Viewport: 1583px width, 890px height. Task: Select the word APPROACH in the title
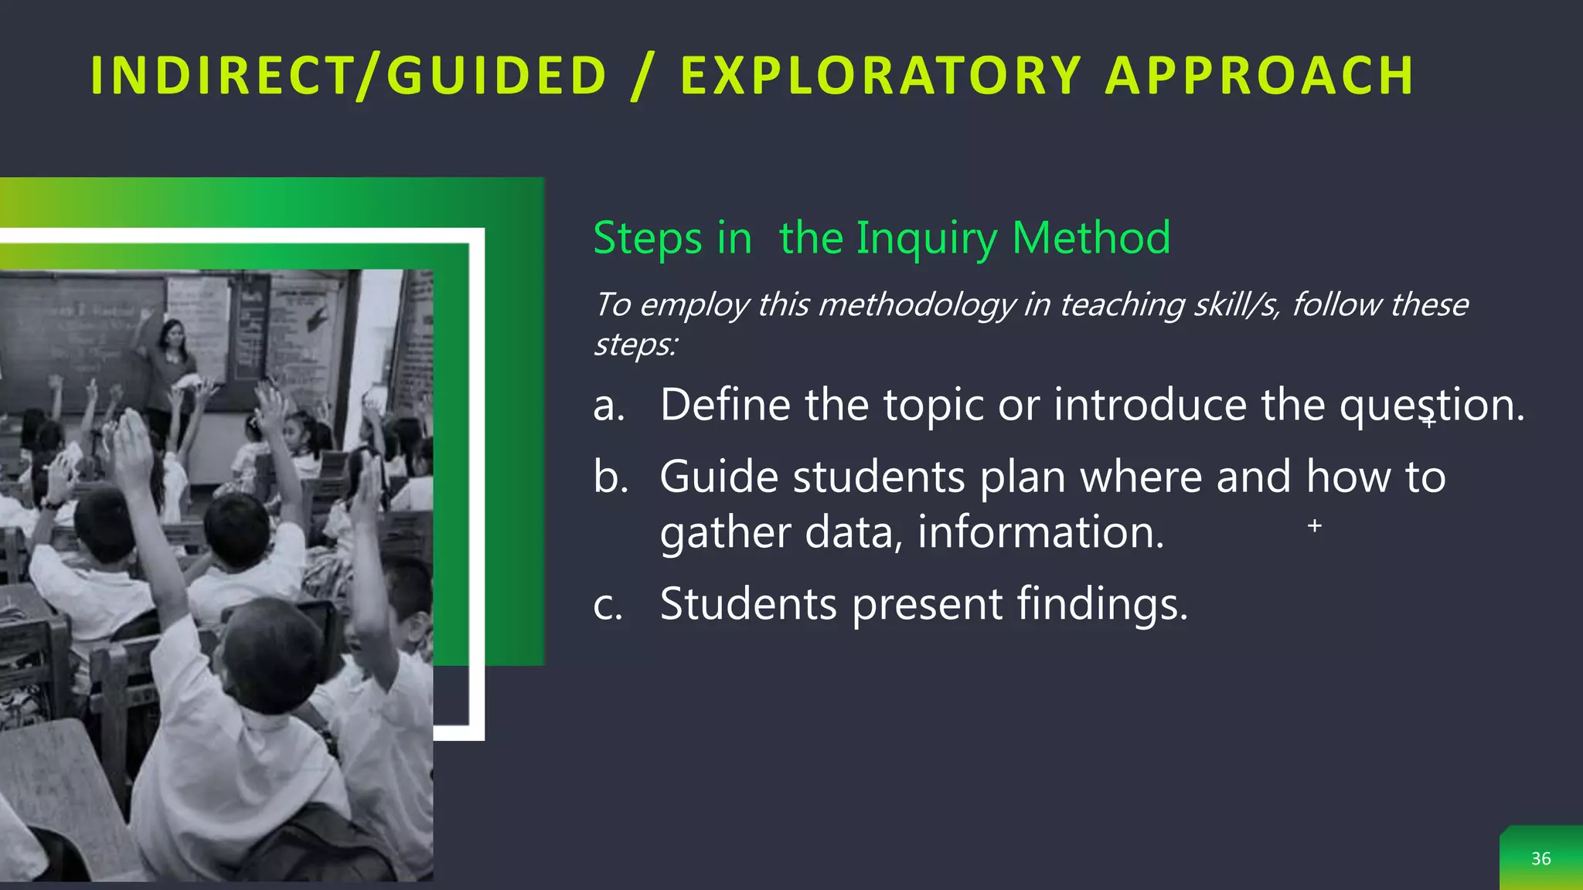click(1260, 76)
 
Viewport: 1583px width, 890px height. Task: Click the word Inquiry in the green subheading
click(927, 239)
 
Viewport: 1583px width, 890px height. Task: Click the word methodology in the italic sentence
click(917, 305)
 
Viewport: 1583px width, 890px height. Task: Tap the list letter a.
click(608, 406)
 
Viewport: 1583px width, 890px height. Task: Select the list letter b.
click(610, 477)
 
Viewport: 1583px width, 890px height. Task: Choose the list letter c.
click(608, 604)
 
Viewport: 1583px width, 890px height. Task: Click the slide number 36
click(1540, 858)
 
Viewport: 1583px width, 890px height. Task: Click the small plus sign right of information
click(1314, 526)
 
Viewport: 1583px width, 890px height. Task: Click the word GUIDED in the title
click(496, 76)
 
